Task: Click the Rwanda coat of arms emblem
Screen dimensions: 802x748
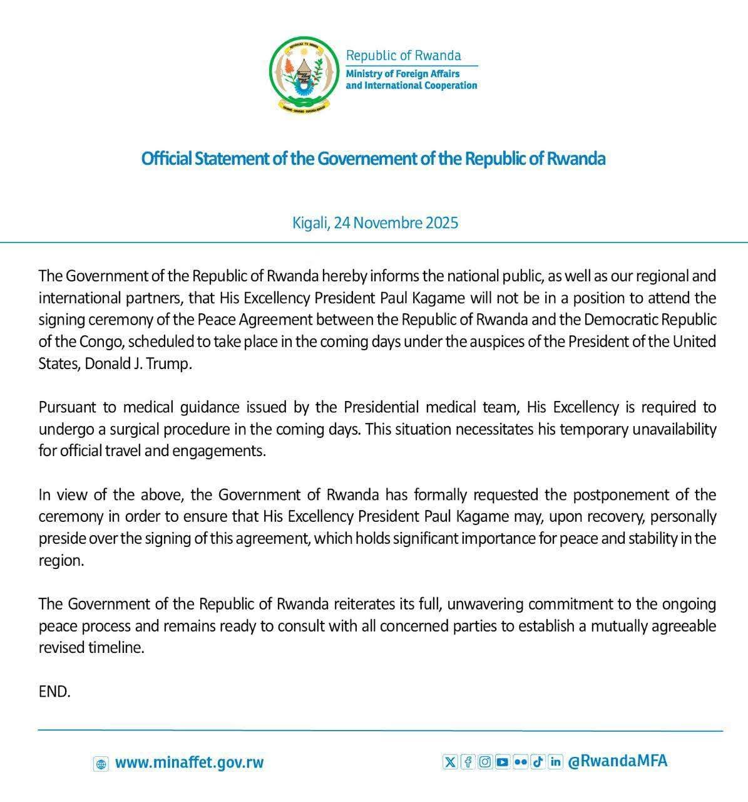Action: pyautogui.click(x=304, y=75)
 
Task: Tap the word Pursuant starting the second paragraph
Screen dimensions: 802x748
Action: pyautogui.click(x=68, y=408)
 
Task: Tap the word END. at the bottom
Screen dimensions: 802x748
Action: pyautogui.click(x=54, y=692)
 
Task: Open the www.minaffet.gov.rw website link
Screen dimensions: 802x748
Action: pyautogui.click(x=190, y=763)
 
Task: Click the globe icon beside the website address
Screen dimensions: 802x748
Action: pyautogui.click(x=101, y=764)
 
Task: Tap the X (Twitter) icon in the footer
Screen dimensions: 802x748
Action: pyautogui.click(x=449, y=762)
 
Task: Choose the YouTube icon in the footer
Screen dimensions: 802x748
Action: pyautogui.click(x=502, y=762)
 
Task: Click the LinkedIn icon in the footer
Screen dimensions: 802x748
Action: pyautogui.click(x=555, y=762)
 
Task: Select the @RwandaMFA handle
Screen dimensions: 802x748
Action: pyautogui.click(x=617, y=761)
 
